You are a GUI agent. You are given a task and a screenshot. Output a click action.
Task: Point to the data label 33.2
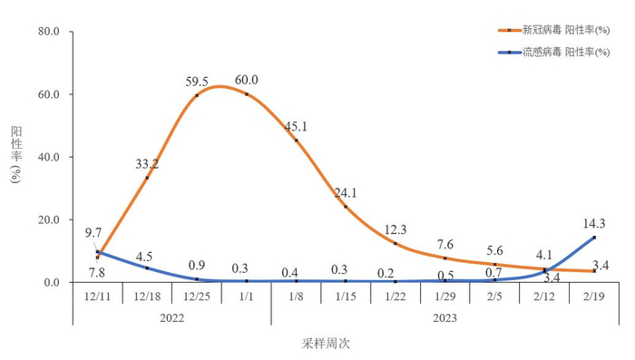click(147, 164)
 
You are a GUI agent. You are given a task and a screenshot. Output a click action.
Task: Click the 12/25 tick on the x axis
click(197, 297)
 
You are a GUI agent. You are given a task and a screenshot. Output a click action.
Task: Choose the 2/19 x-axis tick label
click(594, 297)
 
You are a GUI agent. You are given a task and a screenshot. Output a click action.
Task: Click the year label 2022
click(172, 317)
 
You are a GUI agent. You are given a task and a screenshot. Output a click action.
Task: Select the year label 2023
click(445, 317)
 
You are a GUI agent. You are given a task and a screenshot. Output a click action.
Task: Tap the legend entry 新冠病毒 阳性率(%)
click(566, 30)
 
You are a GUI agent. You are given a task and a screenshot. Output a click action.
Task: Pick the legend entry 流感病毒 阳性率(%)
click(566, 53)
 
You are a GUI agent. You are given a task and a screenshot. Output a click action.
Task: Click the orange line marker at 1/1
click(247, 94)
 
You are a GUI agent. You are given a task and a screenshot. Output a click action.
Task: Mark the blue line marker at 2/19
click(594, 238)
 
